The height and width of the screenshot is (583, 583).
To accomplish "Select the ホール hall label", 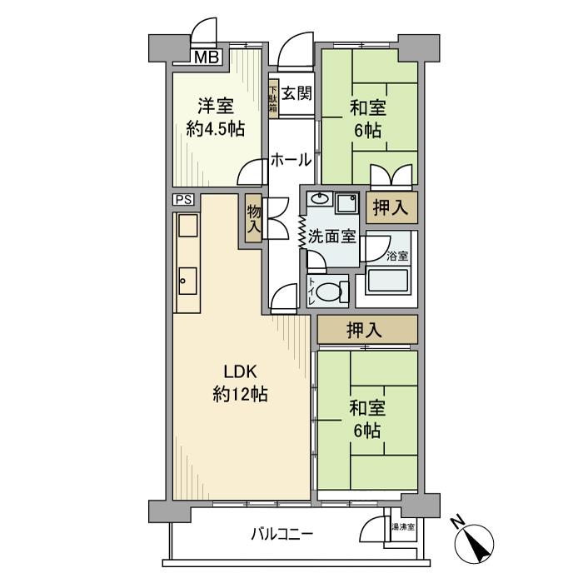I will pyautogui.click(x=291, y=160).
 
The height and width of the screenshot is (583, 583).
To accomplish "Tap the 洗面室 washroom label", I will pyautogui.click(x=331, y=236).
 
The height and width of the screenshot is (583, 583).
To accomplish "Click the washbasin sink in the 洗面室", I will pyautogui.click(x=320, y=200).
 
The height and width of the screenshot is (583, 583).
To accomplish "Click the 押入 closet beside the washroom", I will pyautogui.click(x=390, y=208).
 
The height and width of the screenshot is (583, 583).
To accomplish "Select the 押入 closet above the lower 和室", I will pyautogui.click(x=366, y=330).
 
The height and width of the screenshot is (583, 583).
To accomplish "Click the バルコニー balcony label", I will pyautogui.click(x=282, y=534).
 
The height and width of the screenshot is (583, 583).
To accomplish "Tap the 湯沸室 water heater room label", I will pyautogui.click(x=402, y=527).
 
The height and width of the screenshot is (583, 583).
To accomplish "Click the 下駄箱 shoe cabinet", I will pyautogui.click(x=273, y=98).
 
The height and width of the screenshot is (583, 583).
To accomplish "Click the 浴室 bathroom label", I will pyautogui.click(x=397, y=256).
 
